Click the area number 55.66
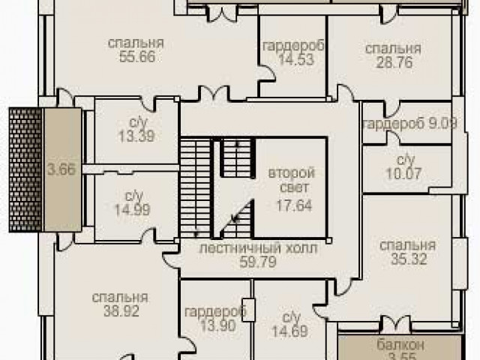point(137,57)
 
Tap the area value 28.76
point(394,62)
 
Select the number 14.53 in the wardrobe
point(296,59)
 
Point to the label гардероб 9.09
point(410,124)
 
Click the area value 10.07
point(404,174)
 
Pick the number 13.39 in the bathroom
point(136,136)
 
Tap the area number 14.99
point(132,210)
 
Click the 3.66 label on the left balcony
point(61,169)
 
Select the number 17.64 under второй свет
point(294,205)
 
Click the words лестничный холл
point(258,248)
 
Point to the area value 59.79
point(258,262)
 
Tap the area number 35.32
point(409,259)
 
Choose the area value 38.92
point(121,311)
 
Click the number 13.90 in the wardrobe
point(218,325)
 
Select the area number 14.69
point(290,331)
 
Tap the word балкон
point(400,345)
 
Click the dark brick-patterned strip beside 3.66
point(25,169)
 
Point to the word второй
point(292,173)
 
